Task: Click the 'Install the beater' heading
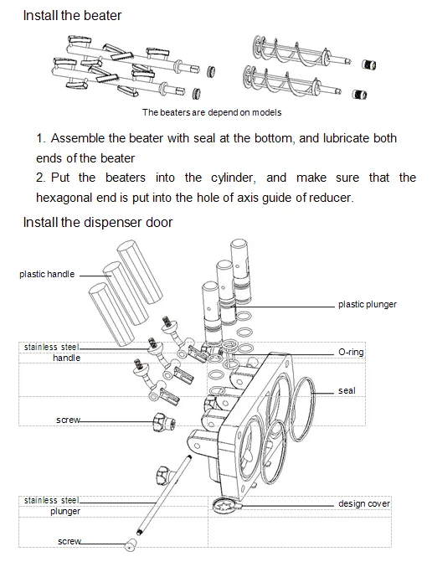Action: point(72,15)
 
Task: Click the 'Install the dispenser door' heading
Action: point(97,222)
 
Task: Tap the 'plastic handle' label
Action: point(47,274)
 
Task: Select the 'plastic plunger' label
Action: point(368,304)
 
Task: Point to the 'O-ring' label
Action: point(351,352)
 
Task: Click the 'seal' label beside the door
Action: point(347,390)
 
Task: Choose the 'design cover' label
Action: point(364,503)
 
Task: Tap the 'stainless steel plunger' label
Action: point(52,505)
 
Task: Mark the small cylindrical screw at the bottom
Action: point(130,546)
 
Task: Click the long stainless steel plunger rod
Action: point(163,495)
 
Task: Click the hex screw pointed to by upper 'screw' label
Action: point(163,422)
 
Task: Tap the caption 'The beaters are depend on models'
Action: point(212,112)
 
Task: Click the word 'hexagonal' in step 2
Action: point(64,198)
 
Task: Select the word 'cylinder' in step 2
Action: point(234,178)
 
